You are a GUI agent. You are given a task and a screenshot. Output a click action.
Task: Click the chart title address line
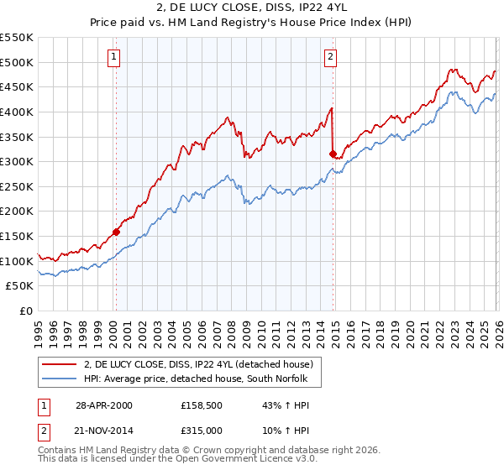click(x=252, y=8)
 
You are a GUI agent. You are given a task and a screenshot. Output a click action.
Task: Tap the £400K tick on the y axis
click(x=17, y=112)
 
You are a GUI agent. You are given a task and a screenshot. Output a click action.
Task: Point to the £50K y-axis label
click(x=19, y=286)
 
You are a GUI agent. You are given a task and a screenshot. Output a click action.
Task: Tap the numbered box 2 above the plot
click(x=331, y=57)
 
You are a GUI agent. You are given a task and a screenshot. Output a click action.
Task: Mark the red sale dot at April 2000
click(x=116, y=232)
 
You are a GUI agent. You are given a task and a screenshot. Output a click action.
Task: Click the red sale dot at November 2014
click(x=333, y=154)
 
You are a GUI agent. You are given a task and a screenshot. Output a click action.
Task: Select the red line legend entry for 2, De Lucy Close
click(x=198, y=364)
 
